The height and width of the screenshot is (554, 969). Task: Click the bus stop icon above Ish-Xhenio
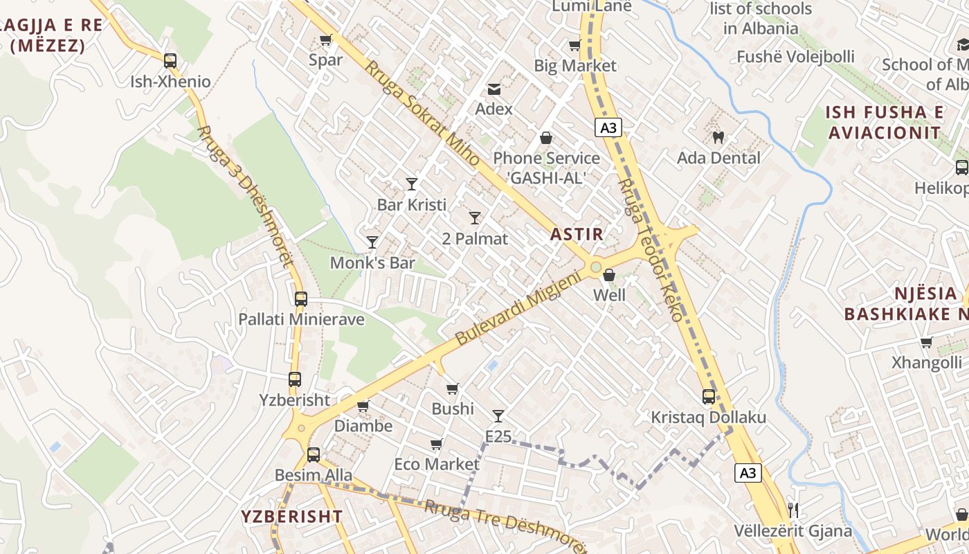point(170,60)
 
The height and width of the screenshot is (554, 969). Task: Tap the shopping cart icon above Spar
point(325,39)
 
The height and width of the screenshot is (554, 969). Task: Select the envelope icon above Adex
point(494,89)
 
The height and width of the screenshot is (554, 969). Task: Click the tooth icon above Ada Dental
point(718,137)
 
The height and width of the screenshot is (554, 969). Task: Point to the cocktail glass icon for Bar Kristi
point(412,184)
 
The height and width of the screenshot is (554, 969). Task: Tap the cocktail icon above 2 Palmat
point(475,218)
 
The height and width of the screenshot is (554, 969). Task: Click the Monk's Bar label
point(372,263)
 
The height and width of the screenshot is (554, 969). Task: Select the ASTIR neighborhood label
point(577,234)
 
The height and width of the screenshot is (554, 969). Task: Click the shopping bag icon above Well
point(609,275)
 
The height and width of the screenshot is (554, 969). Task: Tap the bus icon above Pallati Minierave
point(300,299)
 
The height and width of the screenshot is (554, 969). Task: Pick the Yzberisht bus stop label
point(294,400)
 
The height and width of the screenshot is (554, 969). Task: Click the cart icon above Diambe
point(363,406)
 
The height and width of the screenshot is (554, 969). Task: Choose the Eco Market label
point(437,464)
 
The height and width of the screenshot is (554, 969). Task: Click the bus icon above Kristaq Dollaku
point(709,397)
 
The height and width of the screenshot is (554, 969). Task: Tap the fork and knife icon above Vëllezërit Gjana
point(793,510)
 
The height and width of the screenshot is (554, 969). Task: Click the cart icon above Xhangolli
point(926,342)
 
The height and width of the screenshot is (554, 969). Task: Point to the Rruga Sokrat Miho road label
point(422,114)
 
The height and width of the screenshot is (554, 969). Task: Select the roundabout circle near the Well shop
point(595,267)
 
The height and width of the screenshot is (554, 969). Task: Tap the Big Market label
point(575,66)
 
